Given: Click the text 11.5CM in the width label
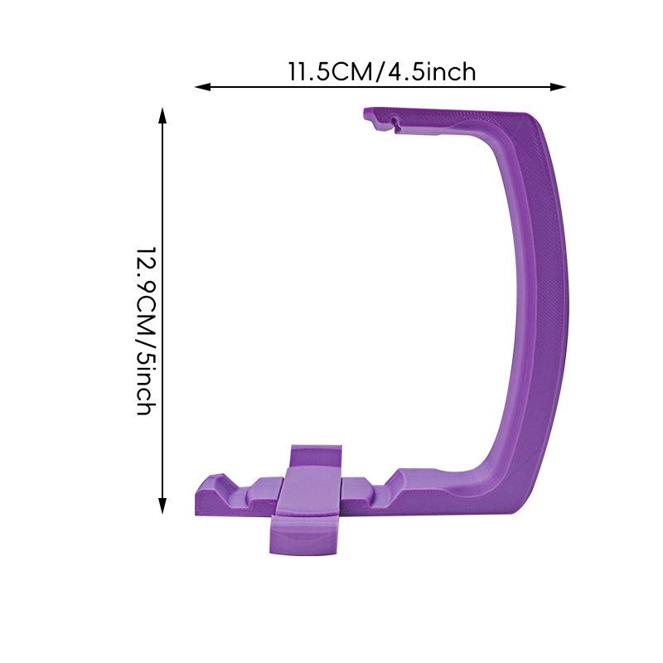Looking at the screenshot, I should [x=330, y=72].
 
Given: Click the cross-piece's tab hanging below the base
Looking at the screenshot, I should [x=303, y=539].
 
